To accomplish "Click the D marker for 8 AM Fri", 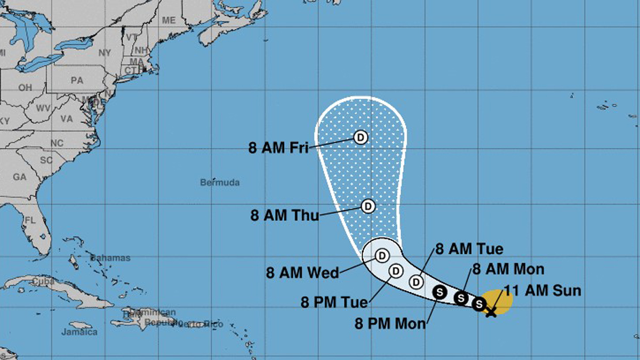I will coord(361,138).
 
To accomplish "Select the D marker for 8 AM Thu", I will coord(367,206).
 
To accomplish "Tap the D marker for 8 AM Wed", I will coord(382,256).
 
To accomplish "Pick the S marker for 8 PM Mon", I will coord(440,291).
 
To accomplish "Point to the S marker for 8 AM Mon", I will coord(461,298).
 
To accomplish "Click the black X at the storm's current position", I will coord(491,311).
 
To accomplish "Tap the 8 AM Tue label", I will coord(469,249).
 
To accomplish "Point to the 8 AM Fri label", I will coord(278,148).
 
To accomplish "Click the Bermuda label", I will coord(220,182).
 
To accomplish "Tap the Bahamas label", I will coord(110,258).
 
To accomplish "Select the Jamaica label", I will coord(79,332).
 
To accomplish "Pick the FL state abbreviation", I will coord(30,220).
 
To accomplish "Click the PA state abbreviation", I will coord(77,81).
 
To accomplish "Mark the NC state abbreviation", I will coord(57,143).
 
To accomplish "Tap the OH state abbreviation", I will coord(25,87).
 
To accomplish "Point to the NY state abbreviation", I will coord(105,52).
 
